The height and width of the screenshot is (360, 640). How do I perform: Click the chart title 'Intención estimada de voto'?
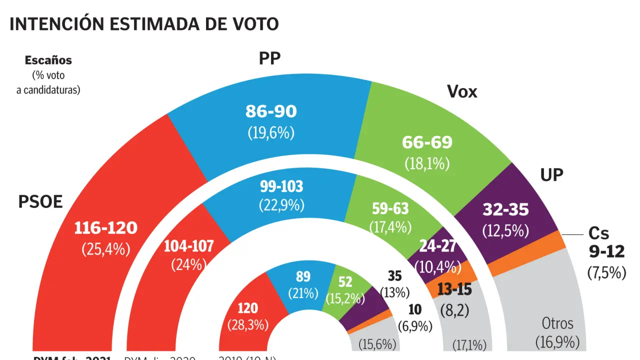(x=144, y=24)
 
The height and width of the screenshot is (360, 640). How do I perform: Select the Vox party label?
(x=461, y=91)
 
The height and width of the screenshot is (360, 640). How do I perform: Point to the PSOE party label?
(x=40, y=202)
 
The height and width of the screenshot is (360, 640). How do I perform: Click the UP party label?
(x=551, y=174)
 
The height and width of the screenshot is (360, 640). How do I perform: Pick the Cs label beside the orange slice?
(x=598, y=233)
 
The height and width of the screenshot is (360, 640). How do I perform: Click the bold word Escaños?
(x=48, y=60)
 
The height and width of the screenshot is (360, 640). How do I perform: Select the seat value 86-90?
(x=271, y=111)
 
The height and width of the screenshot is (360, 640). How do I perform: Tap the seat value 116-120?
(x=105, y=228)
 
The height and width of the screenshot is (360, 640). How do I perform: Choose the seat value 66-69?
(x=427, y=142)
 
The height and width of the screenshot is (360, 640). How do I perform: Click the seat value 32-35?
(x=505, y=209)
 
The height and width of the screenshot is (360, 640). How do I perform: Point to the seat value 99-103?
(x=281, y=187)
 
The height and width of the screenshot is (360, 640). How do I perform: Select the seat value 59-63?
(x=390, y=208)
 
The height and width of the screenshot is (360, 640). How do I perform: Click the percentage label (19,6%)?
(x=271, y=132)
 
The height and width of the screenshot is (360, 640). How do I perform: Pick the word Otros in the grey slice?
(x=557, y=323)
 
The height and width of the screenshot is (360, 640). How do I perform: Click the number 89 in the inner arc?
(x=303, y=276)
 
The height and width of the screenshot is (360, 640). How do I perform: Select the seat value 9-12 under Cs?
(x=606, y=251)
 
